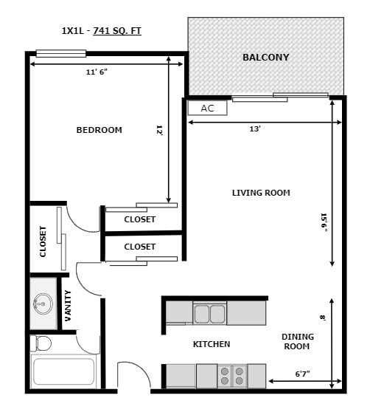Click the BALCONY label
tap(265, 57)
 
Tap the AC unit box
tap(207, 108)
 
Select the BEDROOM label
tap(99, 130)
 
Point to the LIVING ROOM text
tap(261, 193)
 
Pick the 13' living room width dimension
tap(255, 128)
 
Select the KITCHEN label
tap(212, 344)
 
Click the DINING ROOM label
tap(298, 341)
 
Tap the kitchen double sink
tap(209, 314)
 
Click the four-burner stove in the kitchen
tap(233, 376)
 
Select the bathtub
tap(63, 371)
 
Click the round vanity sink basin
tap(43, 303)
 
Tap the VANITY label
tap(69, 304)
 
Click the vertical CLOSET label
tap(43, 241)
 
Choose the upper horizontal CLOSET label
tap(139, 219)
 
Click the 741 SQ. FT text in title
tap(117, 31)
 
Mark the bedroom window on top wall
tap(61, 53)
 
